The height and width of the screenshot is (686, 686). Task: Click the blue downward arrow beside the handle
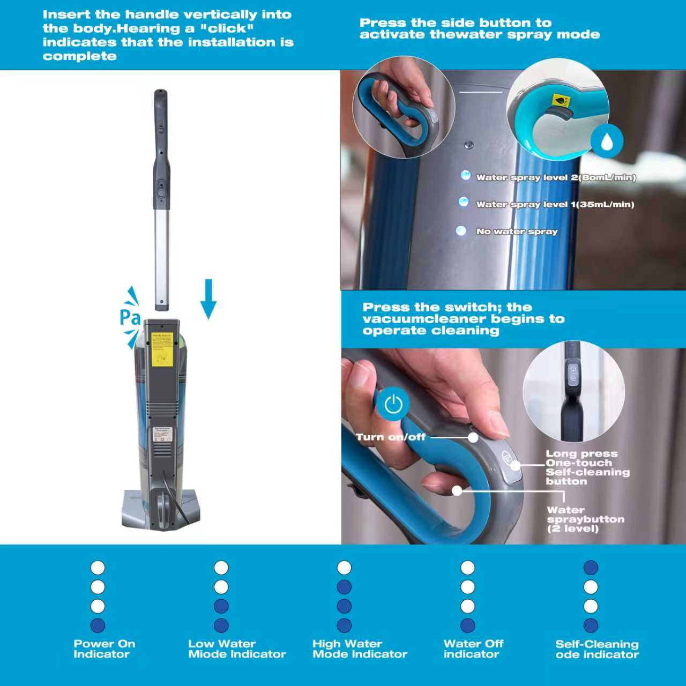(208, 299)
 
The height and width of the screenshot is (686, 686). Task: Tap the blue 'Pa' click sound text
(130, 318)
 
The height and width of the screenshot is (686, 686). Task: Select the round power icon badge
(393, 404)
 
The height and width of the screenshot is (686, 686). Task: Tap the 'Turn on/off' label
(391, 437)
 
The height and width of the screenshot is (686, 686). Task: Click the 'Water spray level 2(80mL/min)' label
(556, 177)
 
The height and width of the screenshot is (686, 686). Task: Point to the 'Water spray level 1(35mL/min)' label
(555, 204)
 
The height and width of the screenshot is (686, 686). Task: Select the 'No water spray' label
(517, 232)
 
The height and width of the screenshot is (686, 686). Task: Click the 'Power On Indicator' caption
(105, 648)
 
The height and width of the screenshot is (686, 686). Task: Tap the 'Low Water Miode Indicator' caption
(237, 648)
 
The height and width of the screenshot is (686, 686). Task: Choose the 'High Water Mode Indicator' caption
(360, 648)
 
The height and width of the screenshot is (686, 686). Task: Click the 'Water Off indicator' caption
(473, 648)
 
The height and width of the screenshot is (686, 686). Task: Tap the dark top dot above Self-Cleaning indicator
(591, 568)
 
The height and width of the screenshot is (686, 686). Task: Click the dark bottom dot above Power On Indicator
(98, 625)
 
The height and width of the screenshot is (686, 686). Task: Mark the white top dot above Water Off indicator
(467, 568)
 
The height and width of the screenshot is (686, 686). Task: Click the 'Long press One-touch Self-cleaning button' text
(588, 467)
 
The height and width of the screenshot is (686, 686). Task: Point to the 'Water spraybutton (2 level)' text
(586, 519)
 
